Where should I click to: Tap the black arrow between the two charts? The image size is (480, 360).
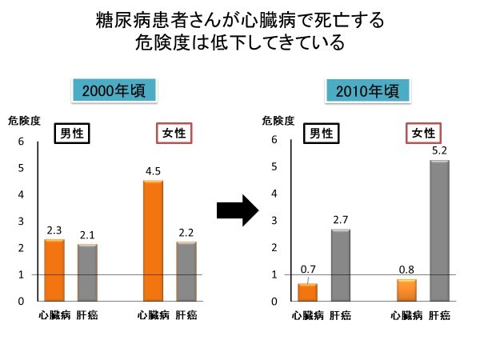tap(237, 210)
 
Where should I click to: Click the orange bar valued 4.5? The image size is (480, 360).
tap(153, 241)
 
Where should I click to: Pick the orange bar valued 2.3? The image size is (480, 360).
tap(54, 270)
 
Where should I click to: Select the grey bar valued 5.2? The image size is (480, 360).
tap(439, 230)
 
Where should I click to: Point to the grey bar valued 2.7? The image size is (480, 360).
tap(340, 264)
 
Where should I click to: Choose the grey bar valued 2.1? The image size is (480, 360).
tap(87, 272)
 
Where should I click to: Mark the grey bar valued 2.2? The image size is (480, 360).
tap(186, 271)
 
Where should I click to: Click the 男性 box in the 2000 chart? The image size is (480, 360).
tap(71, 133)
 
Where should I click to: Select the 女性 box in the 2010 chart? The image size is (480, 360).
tap(423, 133)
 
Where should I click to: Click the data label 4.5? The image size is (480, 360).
tap(153, 170)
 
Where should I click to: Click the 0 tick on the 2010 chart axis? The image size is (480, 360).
tap(276, 302)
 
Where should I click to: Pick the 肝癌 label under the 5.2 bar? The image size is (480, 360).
tap(439, 316)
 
